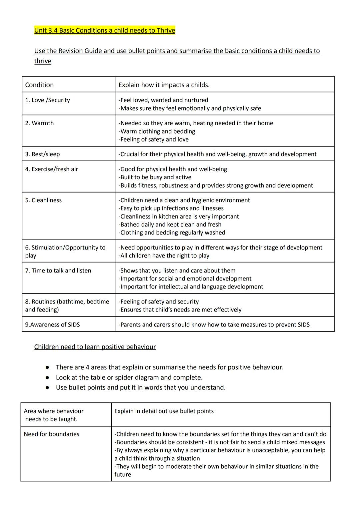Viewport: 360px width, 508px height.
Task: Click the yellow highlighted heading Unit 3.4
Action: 104,31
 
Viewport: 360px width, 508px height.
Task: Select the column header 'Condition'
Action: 39,85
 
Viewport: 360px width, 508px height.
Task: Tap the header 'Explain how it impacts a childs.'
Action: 164,85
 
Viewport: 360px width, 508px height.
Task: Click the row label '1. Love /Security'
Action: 47,100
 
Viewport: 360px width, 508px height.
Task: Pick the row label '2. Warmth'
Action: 39,123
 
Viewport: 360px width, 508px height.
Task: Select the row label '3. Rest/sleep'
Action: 42,154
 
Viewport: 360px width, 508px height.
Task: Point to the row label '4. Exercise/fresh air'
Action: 51,169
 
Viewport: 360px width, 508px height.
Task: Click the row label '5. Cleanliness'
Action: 43,200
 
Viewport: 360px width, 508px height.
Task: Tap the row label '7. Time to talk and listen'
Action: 58,270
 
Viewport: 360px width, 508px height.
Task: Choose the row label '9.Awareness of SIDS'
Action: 52,325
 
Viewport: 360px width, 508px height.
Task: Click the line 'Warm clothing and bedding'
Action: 157,132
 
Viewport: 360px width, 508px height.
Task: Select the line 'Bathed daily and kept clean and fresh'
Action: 170,225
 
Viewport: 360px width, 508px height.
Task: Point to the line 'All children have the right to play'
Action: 164,256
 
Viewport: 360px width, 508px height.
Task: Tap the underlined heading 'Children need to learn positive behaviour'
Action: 95,347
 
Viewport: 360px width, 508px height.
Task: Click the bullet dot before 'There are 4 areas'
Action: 48,367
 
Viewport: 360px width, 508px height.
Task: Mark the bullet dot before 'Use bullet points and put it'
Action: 48,388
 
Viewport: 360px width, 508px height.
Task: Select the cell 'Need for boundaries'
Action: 51,434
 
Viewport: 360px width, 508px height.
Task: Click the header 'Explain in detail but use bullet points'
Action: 164,411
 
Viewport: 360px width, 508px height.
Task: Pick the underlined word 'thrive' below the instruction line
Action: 43,61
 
